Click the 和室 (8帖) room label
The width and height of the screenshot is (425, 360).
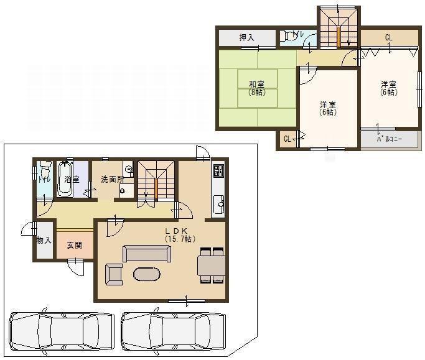[x=256, y=88]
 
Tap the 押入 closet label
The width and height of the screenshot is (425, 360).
[x=247, y=38]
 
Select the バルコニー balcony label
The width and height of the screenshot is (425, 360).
[x=388, y=139]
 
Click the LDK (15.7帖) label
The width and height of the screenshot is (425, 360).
[x=180, y=234]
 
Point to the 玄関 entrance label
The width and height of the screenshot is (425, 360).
[x=75, y=245]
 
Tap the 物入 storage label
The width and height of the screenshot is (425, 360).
[x=44, y=240]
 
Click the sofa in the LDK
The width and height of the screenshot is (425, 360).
[x=146, y=253]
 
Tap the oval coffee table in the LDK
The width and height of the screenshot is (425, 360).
[x=147, y=274]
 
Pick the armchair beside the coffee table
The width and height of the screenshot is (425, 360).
[x=114, y=274]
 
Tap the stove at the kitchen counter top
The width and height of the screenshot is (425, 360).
[x=218, y=171]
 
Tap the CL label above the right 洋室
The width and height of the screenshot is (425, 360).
[x=388, y=38]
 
